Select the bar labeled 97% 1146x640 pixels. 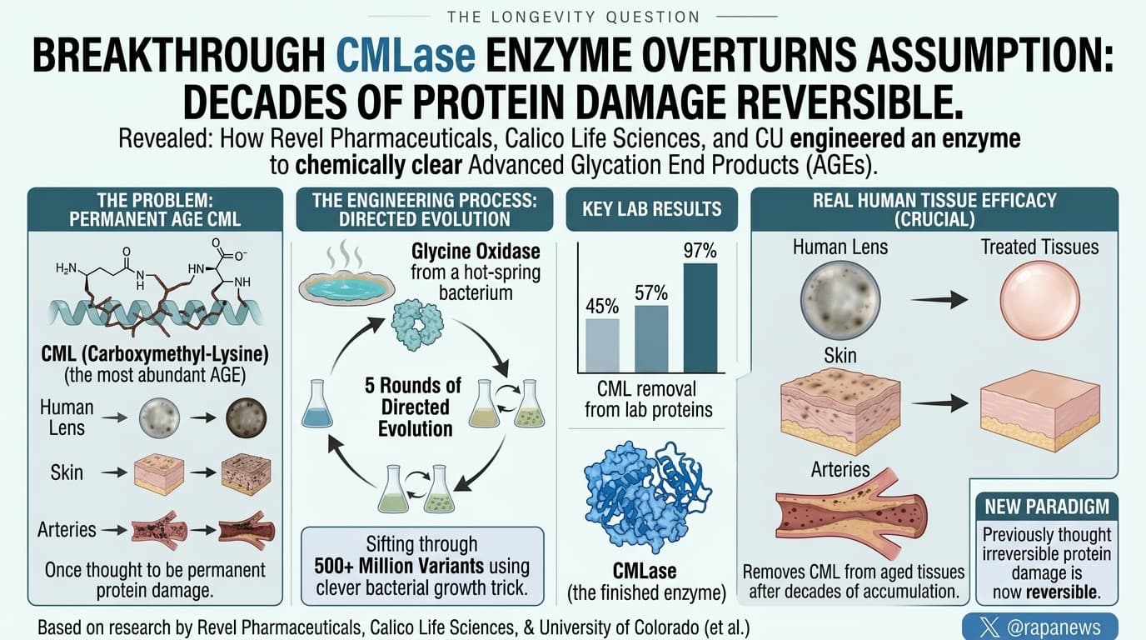700,318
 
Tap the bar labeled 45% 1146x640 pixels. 602,346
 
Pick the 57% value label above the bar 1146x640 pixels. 651,292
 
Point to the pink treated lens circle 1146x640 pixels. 1040,300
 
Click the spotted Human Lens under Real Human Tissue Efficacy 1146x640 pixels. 840,300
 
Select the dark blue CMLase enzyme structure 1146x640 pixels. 648,496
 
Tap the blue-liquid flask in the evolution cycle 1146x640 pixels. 317,404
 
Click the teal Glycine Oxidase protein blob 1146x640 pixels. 417,326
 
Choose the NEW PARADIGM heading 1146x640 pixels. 1047,507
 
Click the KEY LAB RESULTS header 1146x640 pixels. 652,209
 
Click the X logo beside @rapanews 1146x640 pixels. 989,627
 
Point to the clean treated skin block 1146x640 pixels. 1039,411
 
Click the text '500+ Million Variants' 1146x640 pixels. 399,567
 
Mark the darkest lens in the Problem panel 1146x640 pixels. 246,417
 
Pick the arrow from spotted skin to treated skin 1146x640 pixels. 939,403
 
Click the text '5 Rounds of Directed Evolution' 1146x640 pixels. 414,407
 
